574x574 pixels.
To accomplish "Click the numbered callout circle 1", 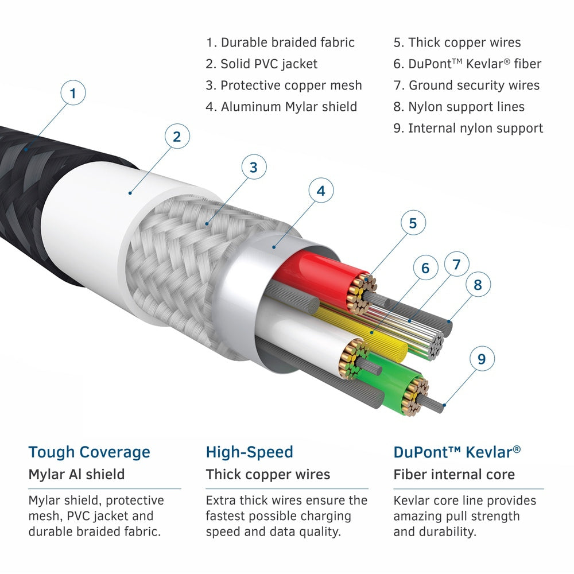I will click(73, 93).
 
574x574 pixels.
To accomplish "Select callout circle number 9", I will click(482, 359).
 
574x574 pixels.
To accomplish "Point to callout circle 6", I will click(425, 268).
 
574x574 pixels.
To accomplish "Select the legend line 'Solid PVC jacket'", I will click(261, 64).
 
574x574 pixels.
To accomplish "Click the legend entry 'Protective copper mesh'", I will click(284, 86).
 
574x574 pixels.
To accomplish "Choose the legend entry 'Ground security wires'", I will click(466, 86).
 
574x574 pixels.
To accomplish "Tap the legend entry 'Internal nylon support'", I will click(468, 128).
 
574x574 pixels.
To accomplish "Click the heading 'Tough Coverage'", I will click(89, 452).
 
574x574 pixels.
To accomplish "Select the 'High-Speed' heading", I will click(249, 452).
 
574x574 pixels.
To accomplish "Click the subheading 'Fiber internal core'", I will click(453, 475).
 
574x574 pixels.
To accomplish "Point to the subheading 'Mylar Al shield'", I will click(76, 475).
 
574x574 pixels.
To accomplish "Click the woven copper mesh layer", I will click(172, 253).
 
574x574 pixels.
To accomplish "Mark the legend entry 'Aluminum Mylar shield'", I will click(281, 107).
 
